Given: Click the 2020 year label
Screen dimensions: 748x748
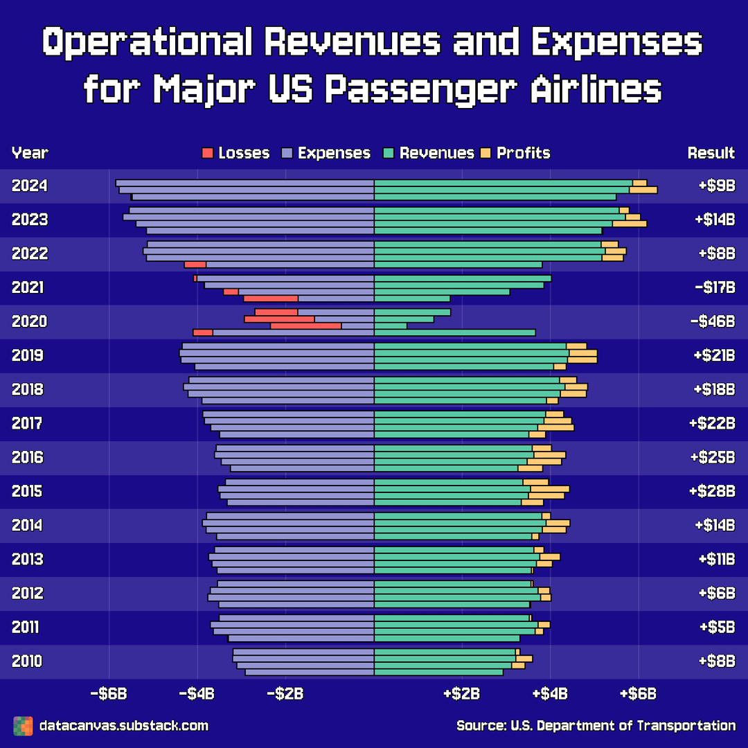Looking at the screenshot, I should pyautogui.click(x=29, y=321).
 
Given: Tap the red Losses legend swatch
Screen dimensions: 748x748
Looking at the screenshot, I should pyautogui.click(x=207, y=153).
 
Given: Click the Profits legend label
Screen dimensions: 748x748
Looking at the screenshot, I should pyautogui.click(x=523, y=153).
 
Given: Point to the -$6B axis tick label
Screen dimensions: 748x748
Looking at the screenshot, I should pyautogui.click(x=109, y=693).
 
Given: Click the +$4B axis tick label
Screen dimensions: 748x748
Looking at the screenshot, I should pyautogui.click(x=550, y=693).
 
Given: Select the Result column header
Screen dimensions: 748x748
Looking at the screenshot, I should pyautogui.click(x=711, y=153).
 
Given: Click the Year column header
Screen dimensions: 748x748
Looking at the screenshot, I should pyautogui.click(x=30, y=153).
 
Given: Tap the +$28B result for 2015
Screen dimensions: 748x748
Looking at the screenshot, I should pyautogui.click(x=712, y=491).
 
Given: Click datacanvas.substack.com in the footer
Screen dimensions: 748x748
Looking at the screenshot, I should pyautogui.click(x=124, y=726).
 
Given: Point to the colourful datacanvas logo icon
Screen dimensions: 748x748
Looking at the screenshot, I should pyautogui.click(x=23, y=726).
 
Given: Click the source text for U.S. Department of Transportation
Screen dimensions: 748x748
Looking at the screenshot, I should pyautogui.click(x=596, y=726).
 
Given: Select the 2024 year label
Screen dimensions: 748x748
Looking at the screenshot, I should pyautogui.click(x=29, y=186).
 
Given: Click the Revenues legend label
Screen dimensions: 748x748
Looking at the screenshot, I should pyautogui.click(x=436, y=153).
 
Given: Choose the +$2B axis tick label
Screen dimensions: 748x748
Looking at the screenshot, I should pyautogui.click(x=462, y=693).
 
